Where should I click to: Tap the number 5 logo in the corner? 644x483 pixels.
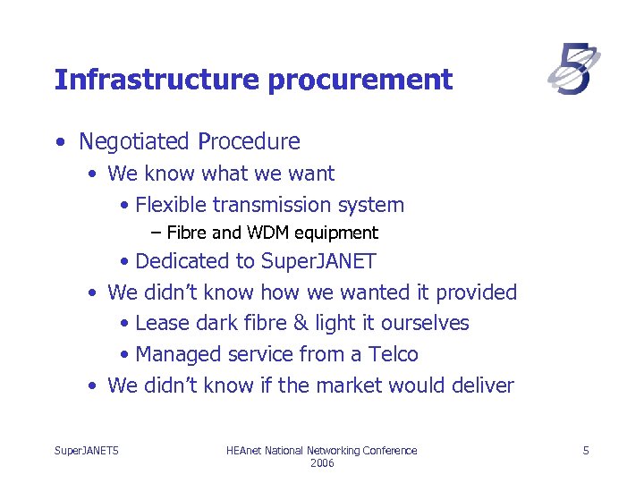coord(573,71)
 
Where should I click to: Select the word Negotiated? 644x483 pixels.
coord(135,142)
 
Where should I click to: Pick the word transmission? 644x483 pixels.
coord(268,205)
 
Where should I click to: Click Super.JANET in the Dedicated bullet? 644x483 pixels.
coord(318,261)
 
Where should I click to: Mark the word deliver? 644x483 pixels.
coord(483,386)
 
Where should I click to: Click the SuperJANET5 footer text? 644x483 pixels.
coord(87,451)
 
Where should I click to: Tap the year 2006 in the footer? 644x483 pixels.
coord(322,463)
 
